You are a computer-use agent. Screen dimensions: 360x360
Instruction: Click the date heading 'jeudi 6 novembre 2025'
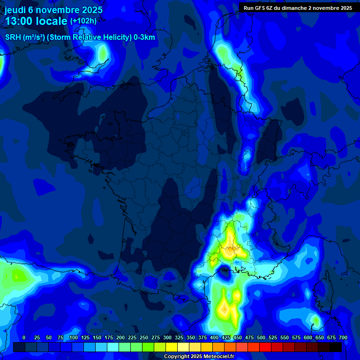(x=53, y=9)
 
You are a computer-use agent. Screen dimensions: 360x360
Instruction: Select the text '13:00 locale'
(x=36, y=21)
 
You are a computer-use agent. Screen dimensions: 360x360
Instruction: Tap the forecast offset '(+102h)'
(x=83, y=21)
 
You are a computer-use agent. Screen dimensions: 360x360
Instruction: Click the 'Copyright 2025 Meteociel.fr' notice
(x=199, y=357)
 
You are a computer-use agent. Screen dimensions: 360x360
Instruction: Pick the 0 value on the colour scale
(x=24, y=337)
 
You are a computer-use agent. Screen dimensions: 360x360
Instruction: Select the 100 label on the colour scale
(x=74, y=337)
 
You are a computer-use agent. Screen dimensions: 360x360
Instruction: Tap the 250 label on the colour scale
(x=144, y=337)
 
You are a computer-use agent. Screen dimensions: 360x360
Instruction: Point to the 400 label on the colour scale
(x=214, y=337)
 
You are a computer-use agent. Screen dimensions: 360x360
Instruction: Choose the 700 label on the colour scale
(x=343, y=337)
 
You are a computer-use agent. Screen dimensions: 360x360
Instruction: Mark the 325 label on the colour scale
(x=179, y=337)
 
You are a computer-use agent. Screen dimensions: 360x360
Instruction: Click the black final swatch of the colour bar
(x=335, y=347)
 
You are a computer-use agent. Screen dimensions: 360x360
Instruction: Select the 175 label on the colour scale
(x=109, y=337)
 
